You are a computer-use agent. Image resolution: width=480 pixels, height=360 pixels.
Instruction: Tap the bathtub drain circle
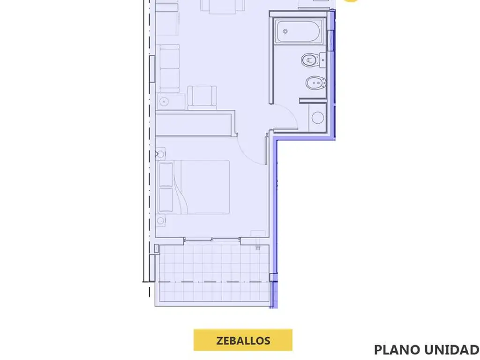285,31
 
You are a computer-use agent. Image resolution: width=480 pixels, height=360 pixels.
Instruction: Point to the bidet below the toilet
316,83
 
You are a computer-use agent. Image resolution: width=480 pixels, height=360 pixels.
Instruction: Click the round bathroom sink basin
317,118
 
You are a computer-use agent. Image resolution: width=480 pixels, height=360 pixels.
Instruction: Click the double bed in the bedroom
194,187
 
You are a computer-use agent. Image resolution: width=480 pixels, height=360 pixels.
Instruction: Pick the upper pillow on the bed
165,174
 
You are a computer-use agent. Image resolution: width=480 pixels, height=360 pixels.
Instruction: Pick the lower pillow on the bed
165,200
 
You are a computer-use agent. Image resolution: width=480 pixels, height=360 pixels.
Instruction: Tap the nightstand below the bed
160,221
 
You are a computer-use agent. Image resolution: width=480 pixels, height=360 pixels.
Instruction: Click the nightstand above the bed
160,154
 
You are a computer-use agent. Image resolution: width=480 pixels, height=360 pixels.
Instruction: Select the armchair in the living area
202,97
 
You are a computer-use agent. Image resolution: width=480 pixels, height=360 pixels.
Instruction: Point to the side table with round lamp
171,102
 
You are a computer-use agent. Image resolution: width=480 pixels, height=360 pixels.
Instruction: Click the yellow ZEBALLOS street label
243,340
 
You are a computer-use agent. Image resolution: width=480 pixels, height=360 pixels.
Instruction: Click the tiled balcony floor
212,274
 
